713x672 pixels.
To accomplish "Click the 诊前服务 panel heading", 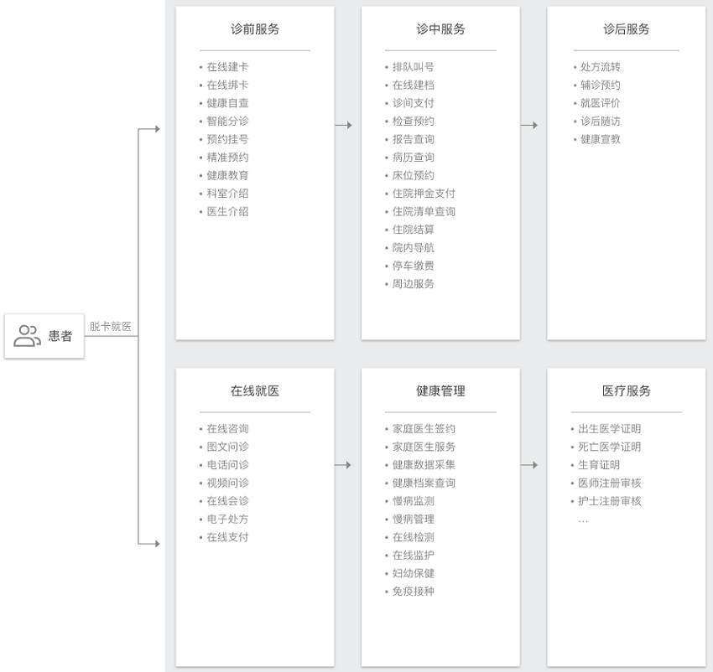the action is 255,29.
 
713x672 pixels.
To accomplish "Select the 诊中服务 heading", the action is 440,29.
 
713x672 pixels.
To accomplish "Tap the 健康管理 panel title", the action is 440,390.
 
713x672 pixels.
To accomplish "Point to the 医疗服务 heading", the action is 626,390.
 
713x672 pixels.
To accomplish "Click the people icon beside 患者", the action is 28,336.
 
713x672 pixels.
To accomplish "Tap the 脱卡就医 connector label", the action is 111,326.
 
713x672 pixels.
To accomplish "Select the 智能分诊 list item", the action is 227,121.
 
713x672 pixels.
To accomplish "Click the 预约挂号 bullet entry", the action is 227,139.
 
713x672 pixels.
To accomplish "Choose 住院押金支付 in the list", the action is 424,194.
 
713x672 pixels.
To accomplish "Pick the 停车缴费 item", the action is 413,266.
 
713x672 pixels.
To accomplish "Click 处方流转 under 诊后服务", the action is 601,67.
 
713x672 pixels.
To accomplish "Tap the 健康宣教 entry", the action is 601,139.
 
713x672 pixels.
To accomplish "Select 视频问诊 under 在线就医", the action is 227,483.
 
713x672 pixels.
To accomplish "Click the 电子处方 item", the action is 227,519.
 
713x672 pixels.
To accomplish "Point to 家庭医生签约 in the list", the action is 424,428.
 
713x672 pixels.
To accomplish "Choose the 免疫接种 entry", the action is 413,591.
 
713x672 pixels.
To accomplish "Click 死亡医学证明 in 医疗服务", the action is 609,447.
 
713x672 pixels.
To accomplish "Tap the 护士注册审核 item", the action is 609,501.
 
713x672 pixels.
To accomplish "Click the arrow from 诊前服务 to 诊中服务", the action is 343,125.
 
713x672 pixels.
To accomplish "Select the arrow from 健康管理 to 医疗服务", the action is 528,465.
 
